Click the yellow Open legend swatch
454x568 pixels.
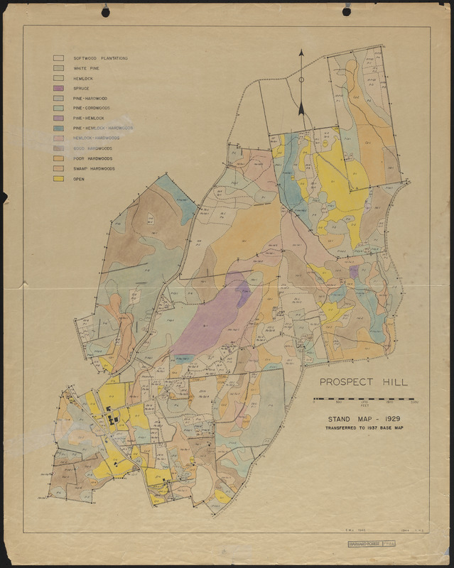(59, 180)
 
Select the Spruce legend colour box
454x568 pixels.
(59, 88)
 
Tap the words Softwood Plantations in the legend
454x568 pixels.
(100, 58)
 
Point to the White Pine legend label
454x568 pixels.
(86, 68)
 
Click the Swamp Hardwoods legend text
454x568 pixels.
(94, 169)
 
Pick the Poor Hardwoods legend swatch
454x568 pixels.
(59, 159)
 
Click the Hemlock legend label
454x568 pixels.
(83, 78)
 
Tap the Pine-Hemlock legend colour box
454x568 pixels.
(59, 119)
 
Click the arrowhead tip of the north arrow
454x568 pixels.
(301, 50)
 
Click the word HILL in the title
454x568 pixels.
(394, 382)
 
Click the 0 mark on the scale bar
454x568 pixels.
(314, 403)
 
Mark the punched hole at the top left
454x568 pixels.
(105, 12)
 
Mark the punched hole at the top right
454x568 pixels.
(346, 11)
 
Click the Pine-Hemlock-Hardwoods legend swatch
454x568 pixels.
(59, 129)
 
